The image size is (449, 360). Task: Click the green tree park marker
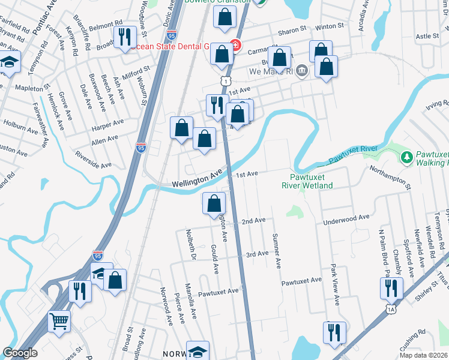tap(406, 157)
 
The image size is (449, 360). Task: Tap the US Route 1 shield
tap(224, 80)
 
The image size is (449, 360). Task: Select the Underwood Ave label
tap(347, 220)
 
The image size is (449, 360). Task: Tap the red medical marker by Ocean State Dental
tap(235, 46)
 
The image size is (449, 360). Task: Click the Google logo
tap(20, 353)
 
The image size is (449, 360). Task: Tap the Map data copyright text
tap(423, 355)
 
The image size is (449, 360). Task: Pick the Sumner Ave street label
tap(277, 251)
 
